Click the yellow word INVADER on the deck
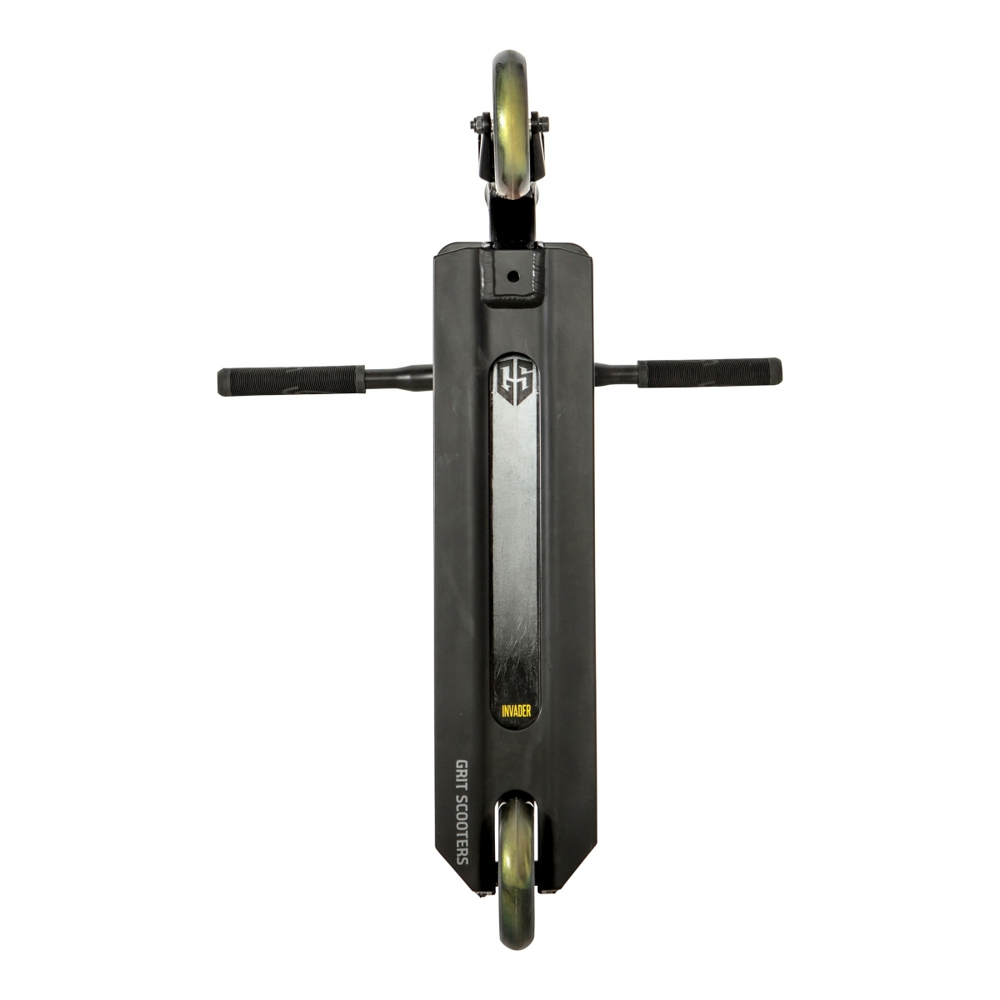(x=516, y=711)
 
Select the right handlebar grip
(x=709, y=372)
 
